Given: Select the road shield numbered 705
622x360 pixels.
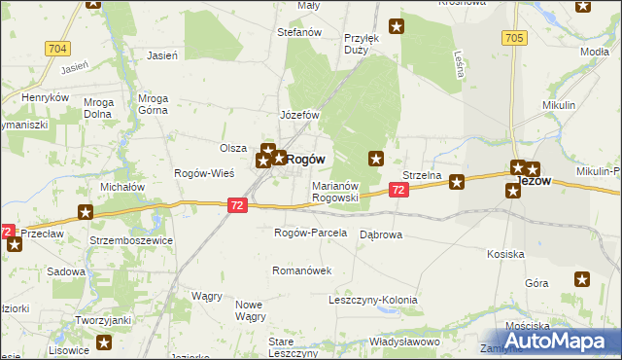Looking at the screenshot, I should click(x=514, y=37).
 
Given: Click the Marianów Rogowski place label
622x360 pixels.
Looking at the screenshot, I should click(x=336, y=191).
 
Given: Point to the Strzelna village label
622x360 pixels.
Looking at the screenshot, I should click(x=422, y=175).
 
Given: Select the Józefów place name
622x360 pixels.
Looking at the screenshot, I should click(x=300, y=115).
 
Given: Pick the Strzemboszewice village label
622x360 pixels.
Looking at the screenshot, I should click(x=133, y=239).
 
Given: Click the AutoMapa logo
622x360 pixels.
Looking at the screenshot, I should click(x=550, y=341).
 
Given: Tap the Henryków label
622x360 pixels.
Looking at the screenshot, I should click(x=46, y=98).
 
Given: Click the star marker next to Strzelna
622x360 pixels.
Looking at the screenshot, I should click(x=456, y=180).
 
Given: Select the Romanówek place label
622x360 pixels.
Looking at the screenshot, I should click(x=302, y=270).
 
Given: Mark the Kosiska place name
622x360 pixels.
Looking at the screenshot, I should click(x=506, y=254).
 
